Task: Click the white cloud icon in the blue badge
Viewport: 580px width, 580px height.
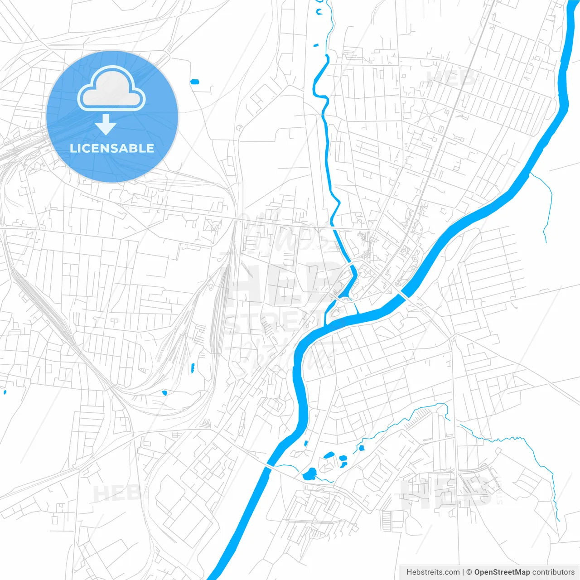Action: (111, 89)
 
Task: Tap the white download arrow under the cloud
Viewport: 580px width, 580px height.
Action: (106, 124)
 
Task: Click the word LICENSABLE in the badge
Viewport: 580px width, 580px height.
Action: (112, 148)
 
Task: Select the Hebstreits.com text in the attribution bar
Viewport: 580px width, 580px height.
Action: (433, 572)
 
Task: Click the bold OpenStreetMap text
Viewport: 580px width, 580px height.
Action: (502, 572)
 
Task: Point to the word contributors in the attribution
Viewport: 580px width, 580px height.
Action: (553, 572)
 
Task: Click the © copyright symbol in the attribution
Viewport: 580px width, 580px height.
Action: (469, 572)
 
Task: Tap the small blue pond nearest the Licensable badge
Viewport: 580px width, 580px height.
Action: (194, 82)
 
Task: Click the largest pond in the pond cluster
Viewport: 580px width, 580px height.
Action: (310, 474)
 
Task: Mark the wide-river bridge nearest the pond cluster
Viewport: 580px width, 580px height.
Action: (269, 466)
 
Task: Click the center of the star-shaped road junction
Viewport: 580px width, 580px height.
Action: (428, 115)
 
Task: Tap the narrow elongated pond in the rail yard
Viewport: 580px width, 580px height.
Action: (193, 368)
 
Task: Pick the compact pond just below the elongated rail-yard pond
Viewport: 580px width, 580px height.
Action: (164, 392)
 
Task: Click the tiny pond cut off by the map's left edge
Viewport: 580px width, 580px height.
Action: (5, 392)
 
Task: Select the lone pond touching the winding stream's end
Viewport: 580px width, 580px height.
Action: (362, 448)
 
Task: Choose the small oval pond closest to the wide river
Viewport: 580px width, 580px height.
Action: (306, 443)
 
